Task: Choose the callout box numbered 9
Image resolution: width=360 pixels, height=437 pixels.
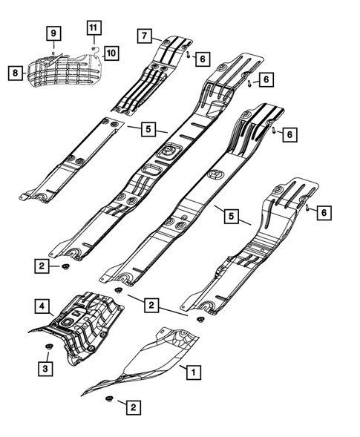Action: pos(54,33)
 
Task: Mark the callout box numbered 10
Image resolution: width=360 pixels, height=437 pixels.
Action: pos(111,53)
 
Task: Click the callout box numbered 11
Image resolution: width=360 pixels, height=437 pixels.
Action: pos(93,28)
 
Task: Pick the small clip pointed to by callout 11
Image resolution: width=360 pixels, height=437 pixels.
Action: pos(94,47)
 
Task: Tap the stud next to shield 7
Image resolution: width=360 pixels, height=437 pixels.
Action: pos(190,53)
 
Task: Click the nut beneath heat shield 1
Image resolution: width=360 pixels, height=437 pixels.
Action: pos(108,401)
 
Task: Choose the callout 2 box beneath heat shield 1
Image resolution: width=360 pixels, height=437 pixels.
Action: pos(133,407)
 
